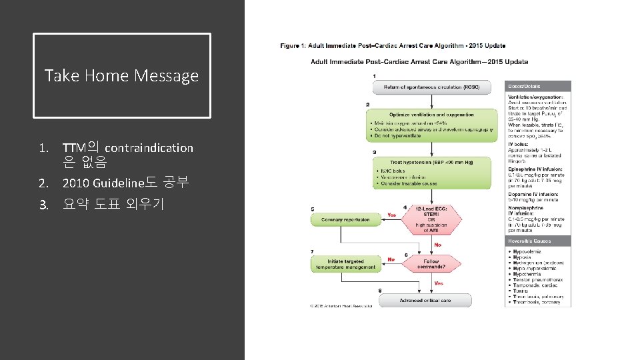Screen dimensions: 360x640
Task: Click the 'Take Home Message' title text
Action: coord(121,75)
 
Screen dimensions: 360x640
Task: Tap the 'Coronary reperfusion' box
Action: coord(345,219)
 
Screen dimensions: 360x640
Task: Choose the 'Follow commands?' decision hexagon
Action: coord(431,264)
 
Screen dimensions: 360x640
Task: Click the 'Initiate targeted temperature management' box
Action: coord(345,263)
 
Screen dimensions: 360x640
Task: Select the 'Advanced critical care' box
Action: coord(425,301)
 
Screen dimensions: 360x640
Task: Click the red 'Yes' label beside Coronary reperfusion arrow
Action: coord(392,215)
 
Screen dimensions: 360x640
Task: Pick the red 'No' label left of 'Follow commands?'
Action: coord(391,259)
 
